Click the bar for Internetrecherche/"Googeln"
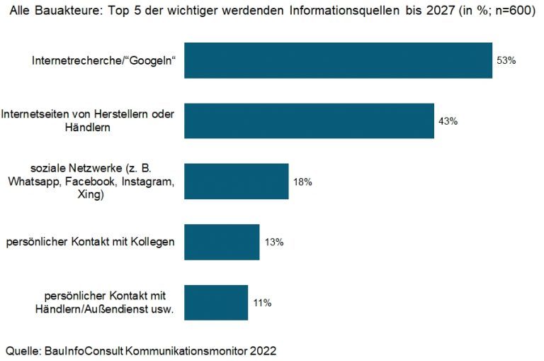tap(339, 60)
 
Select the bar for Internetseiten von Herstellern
tap(310, 121)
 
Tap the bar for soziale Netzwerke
tap(237, 182)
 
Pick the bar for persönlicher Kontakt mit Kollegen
tap(222, 242)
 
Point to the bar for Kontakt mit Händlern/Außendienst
tap(216, 303)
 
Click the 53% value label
tap(506, 61)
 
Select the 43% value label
tap(448, 121)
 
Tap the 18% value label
tap(302, 182)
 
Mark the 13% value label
tap(273, 243)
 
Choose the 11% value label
tap(262, 304)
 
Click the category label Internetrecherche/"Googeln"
tap(103, 61)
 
